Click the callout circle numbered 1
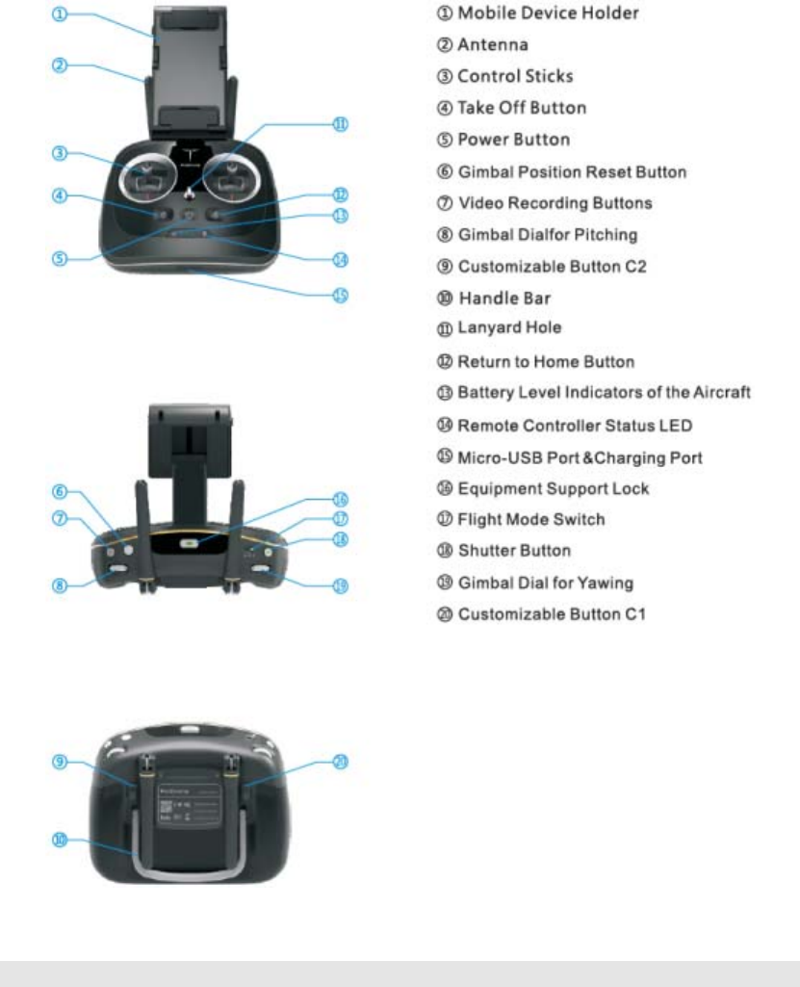(61, 15)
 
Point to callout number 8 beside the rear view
(61, 584)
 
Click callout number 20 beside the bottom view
(340, 762)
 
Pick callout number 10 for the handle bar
(60, 840)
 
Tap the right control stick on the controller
(231, 176)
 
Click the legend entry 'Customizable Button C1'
(552, 613)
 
